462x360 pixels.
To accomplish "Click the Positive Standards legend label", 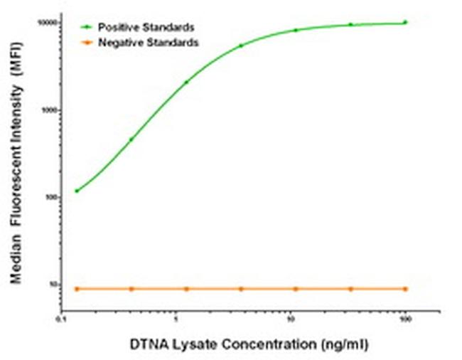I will [146, 27].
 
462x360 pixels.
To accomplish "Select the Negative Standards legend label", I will [149, 43].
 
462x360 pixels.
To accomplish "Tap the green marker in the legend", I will [86, 27].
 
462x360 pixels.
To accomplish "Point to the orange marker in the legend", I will [86, 43].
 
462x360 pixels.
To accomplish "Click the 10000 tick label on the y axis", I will [48, 23].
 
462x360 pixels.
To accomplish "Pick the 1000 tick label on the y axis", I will [49, 110].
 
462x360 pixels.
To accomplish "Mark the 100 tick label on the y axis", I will [51, 197].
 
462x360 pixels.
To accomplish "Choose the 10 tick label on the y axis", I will [53, 285].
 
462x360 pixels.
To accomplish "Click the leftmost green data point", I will [77, 191].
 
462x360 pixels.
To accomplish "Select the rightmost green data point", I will [405, 22].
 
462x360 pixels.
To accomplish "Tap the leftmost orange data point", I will [77, 289].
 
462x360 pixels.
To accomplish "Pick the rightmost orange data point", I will [405, 289].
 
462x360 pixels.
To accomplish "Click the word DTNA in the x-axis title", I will [148, 344].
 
